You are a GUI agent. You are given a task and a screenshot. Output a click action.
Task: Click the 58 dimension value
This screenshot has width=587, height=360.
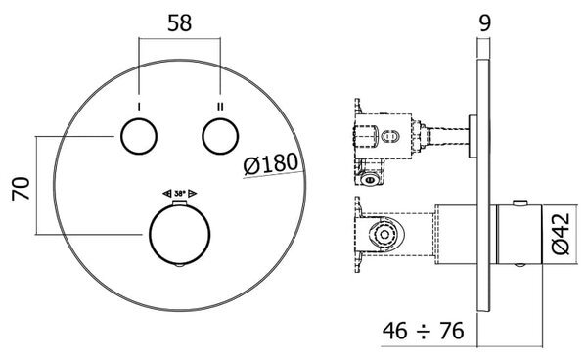[179, 23]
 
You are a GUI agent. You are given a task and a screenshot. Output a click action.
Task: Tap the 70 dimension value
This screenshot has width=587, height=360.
[21, 189]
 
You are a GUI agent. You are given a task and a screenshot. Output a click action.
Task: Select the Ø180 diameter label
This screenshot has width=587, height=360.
[271, 164]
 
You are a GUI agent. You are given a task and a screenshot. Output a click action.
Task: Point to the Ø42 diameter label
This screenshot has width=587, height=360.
[561, 234]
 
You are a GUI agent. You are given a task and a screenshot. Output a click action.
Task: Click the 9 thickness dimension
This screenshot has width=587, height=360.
[484, 23]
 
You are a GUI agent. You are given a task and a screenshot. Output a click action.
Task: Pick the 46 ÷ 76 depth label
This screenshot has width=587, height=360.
[423, 331]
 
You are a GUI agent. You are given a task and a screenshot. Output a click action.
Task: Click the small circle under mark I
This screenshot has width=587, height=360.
[139, 136]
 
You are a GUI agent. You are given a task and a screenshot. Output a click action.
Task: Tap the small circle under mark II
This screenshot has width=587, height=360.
[220, 136]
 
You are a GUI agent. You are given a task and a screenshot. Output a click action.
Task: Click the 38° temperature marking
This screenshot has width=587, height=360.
[180, 194]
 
